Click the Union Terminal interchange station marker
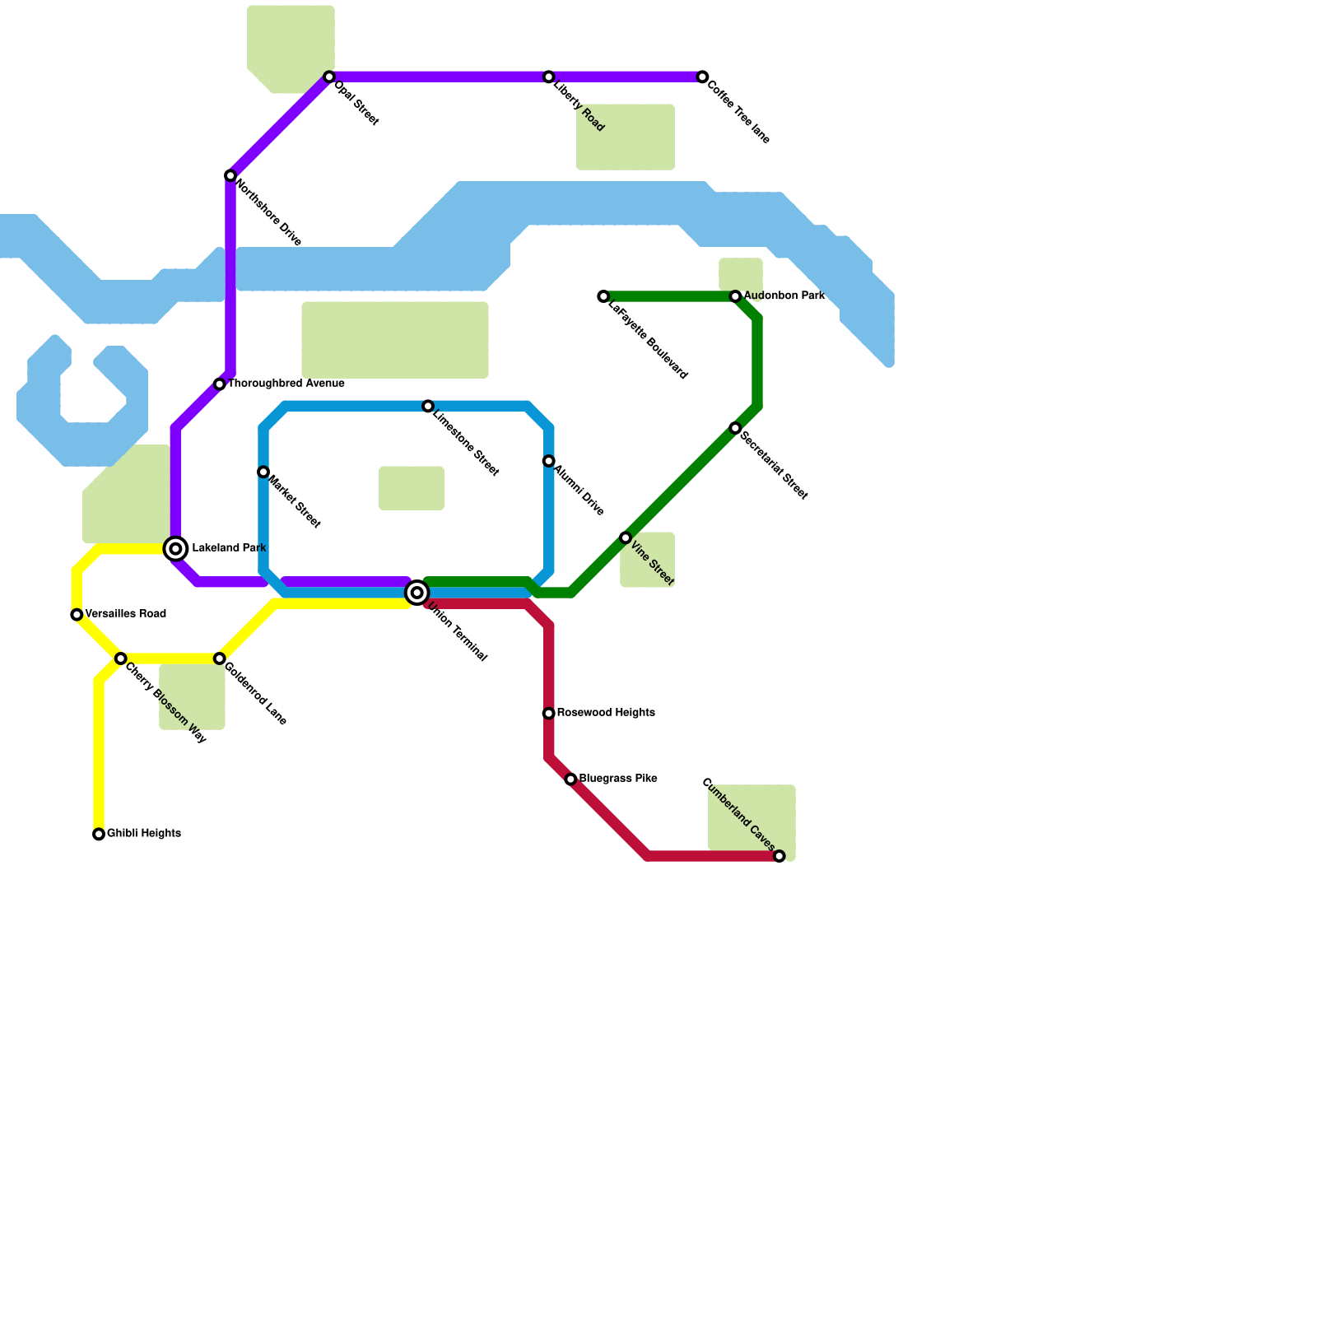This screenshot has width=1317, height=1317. [417, 593]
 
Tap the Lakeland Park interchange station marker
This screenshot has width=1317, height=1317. [175, 548]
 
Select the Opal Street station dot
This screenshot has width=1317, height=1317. [329, 77]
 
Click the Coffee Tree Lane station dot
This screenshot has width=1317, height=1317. [702, 77]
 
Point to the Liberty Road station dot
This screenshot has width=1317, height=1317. [549, 77]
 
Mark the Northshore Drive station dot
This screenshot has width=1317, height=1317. [230, 176]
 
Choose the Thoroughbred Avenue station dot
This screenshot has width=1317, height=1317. [220, 384]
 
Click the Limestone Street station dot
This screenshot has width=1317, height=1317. [428, 407]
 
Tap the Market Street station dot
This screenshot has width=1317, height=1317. [263, 472]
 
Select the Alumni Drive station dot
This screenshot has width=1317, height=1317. [549, 462]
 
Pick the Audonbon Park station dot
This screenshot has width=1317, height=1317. [736, 296]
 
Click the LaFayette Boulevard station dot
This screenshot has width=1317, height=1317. [603, 296]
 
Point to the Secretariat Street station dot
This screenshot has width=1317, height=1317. [736, 429]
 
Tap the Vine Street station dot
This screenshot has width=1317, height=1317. [626, 538]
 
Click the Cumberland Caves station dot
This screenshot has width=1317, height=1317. [779, 857]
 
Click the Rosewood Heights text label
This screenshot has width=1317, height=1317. [606, 713]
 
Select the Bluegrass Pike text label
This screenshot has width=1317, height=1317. [617, 779]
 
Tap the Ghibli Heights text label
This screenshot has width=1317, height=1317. [144, 834]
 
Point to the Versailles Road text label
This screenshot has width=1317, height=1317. [126, 614]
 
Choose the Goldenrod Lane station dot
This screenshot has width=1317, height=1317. [220, 659]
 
